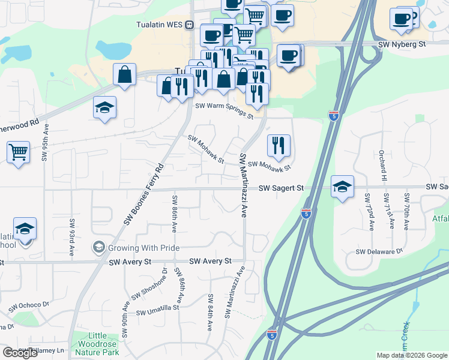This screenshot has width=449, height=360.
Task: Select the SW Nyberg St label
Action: pos(402,44)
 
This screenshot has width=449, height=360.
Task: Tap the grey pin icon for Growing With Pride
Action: pos(97,247)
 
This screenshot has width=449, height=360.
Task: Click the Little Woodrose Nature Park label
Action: pos(97,344)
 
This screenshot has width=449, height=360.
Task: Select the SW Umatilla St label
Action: pos(158,310)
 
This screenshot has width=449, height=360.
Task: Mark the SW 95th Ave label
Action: pos(44,143)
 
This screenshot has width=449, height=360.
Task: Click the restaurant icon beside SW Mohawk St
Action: pos(279,145)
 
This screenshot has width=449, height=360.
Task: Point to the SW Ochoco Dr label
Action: pos(29,306)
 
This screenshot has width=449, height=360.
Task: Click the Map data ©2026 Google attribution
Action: pos(412,355)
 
